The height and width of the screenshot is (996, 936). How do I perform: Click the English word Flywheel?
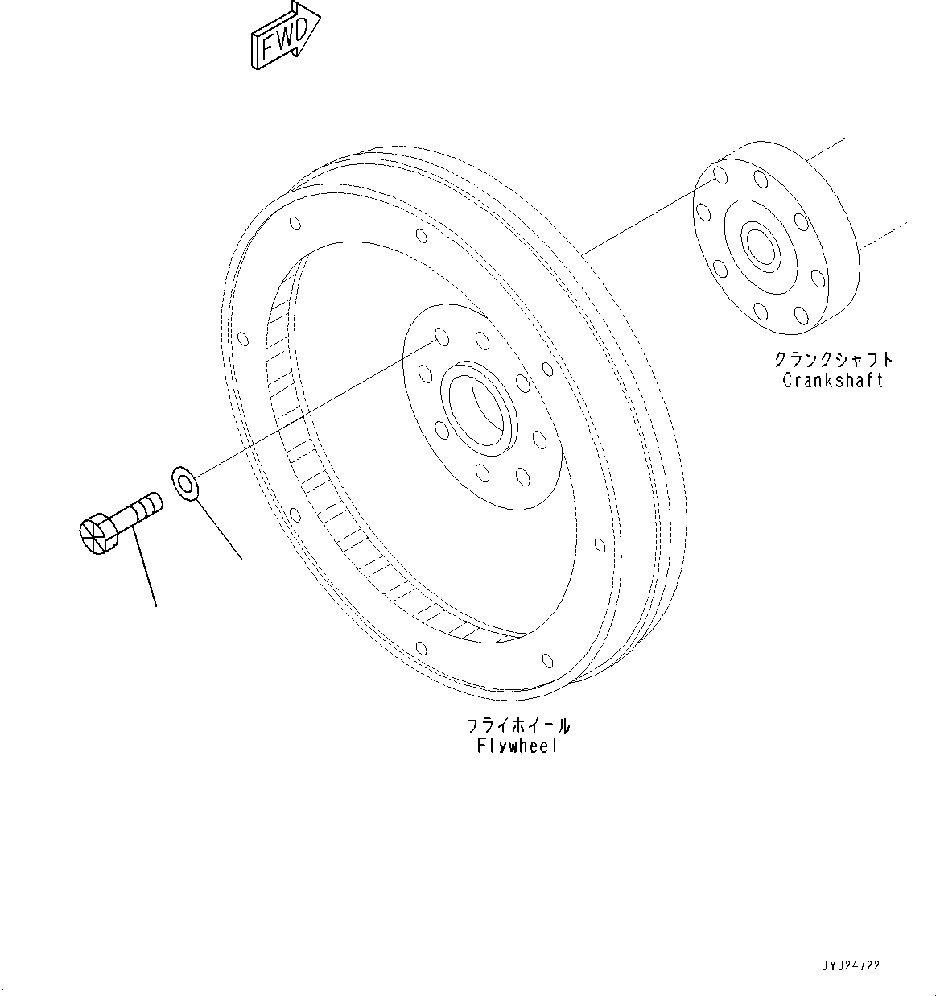516,746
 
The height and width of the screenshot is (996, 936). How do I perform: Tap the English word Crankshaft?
832,380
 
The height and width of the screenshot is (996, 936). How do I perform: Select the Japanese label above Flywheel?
518,725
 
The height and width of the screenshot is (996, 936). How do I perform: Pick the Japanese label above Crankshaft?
833,359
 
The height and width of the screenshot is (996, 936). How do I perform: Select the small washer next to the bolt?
185,484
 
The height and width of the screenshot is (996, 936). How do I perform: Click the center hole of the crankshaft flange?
760,245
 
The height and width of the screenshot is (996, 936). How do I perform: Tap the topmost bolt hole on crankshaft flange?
721,176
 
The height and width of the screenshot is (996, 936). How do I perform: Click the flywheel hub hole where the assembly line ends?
439,335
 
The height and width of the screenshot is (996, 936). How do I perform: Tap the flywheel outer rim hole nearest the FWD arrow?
294,224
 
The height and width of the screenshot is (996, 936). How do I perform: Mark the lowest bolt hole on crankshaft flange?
800,314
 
